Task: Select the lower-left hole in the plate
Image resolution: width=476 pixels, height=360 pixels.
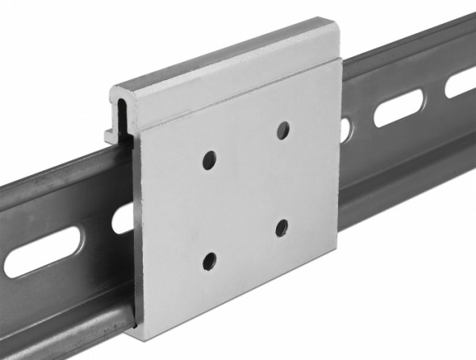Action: pyautogui.click(x=209, y=259)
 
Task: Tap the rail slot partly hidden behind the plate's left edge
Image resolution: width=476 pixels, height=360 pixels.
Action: pyautogui.click(x=123, y=216)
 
